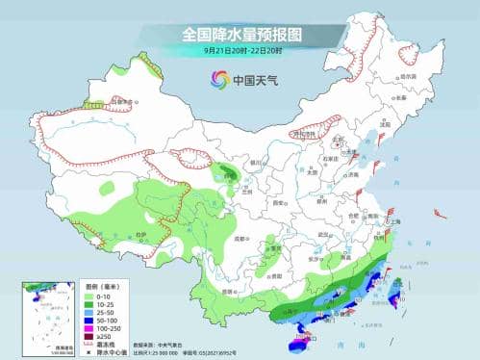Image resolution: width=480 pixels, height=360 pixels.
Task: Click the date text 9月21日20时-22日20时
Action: point(240,50)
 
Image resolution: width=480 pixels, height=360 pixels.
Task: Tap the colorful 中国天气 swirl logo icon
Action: point(218,81)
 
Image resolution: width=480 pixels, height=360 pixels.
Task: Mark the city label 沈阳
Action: point(385,124)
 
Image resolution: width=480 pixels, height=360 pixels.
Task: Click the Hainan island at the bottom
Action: point(300,336)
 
